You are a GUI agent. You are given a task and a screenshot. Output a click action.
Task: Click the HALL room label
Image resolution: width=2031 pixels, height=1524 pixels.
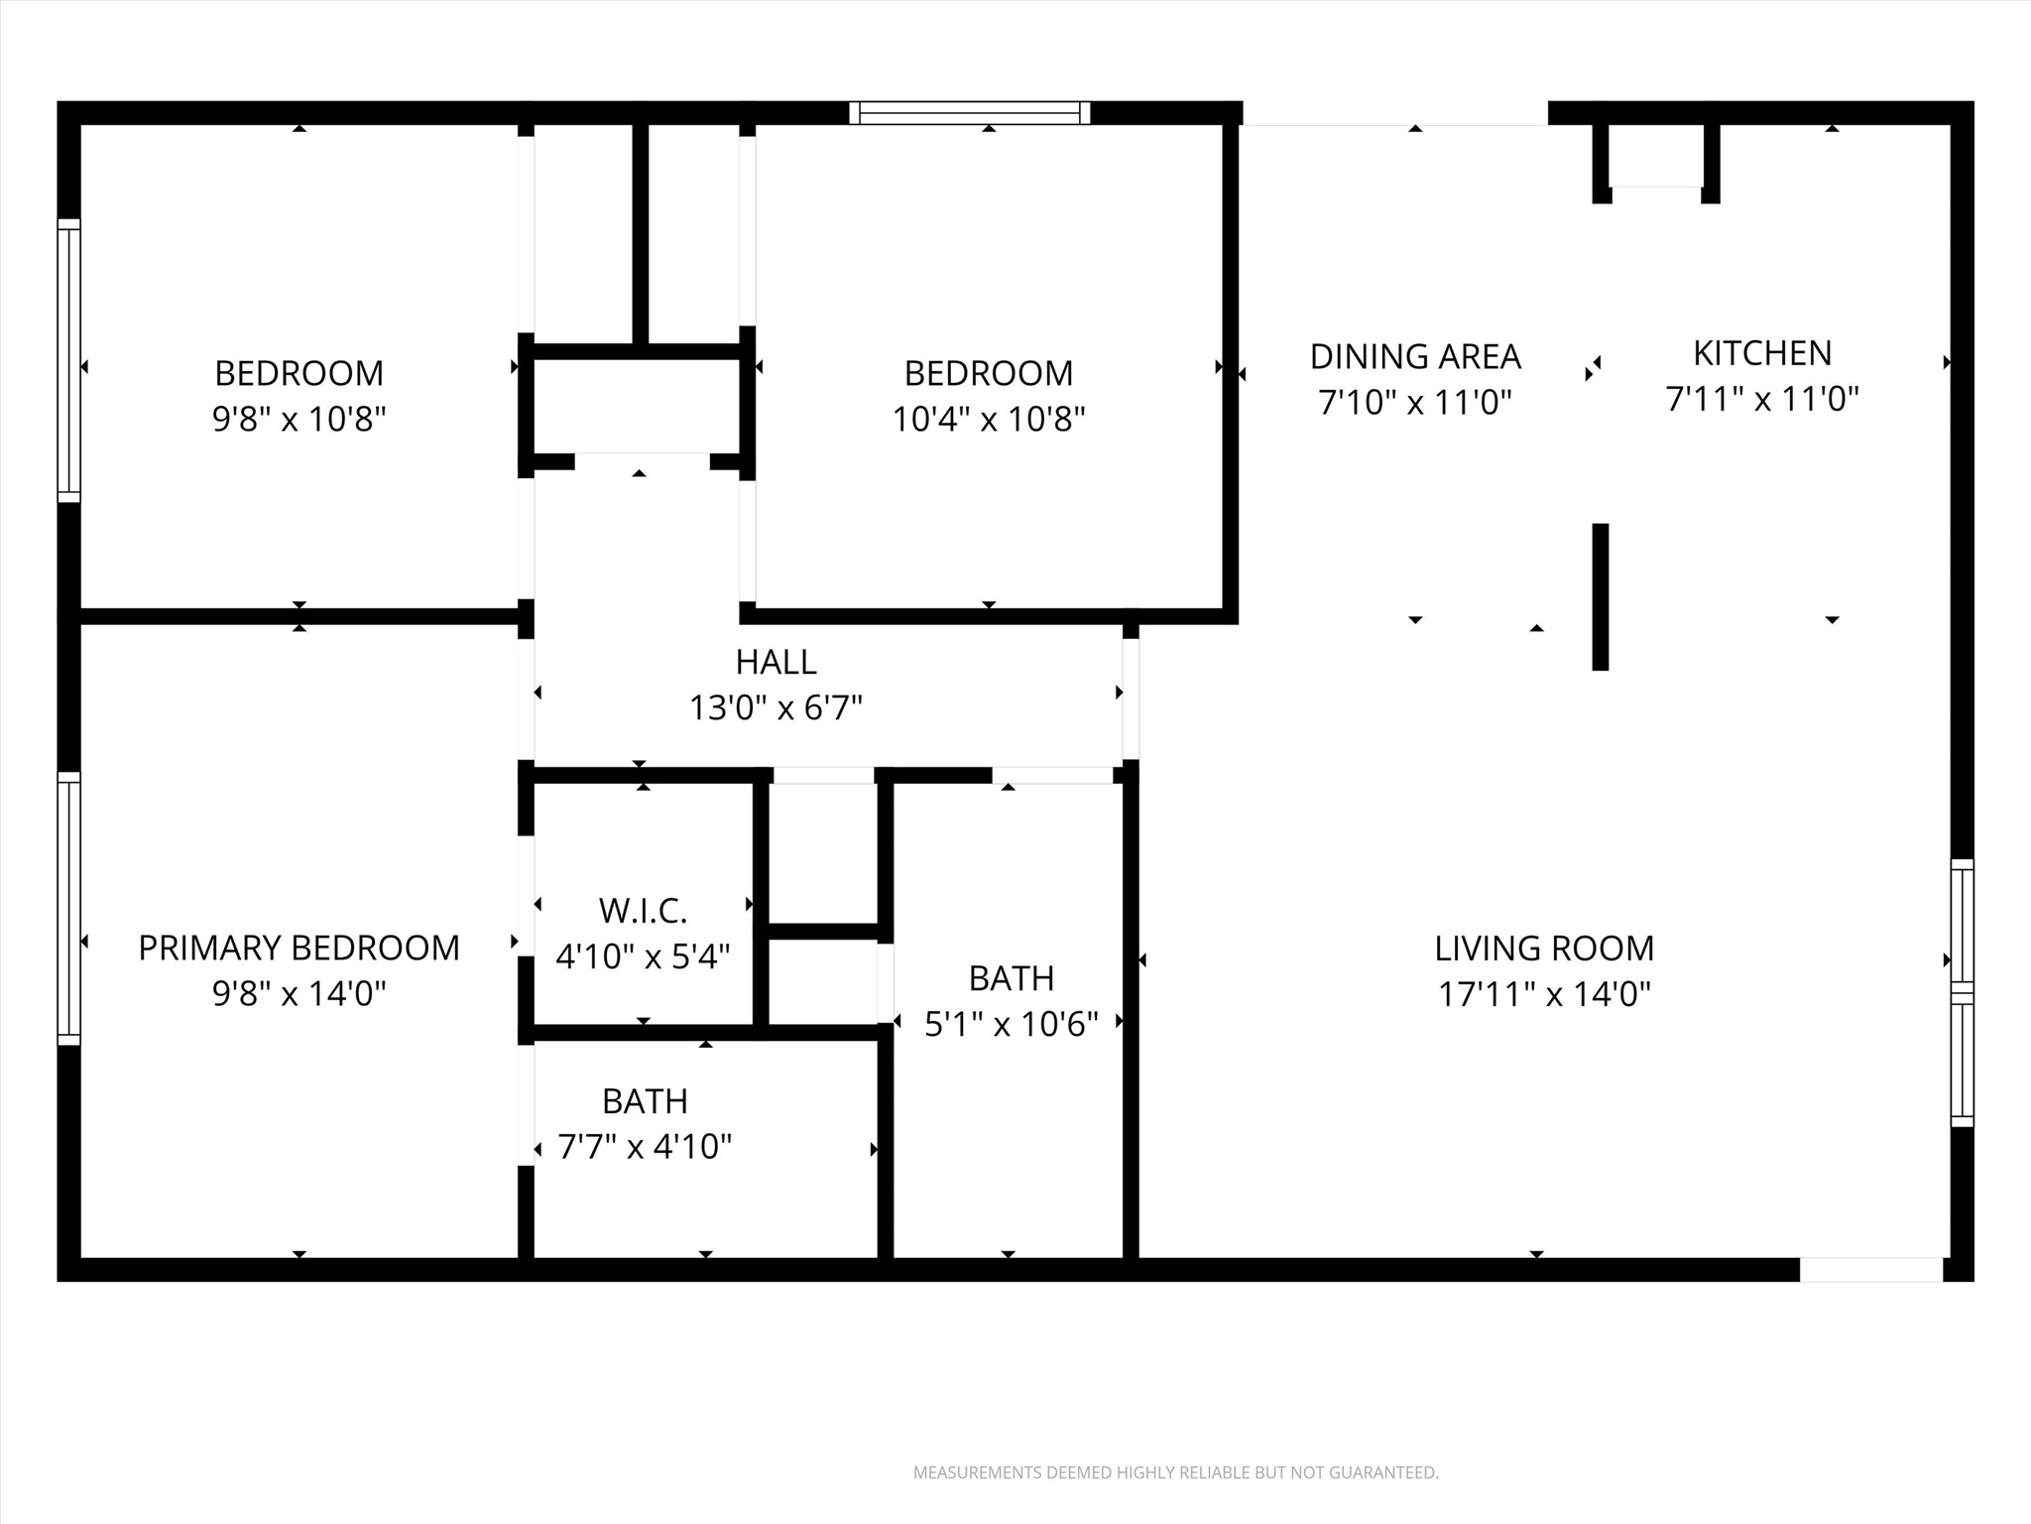(x=776, y=662)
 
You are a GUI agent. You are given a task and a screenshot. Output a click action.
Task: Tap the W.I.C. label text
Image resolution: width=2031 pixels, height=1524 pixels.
(x=643, y=910)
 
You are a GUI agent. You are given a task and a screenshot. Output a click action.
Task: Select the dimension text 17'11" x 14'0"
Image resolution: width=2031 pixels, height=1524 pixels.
(x=1544, y=993)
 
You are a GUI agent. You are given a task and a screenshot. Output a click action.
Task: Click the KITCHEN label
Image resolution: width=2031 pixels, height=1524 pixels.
(x=1761, y=353)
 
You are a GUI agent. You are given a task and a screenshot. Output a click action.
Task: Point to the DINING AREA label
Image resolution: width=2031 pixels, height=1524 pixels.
(x=1415, y=356)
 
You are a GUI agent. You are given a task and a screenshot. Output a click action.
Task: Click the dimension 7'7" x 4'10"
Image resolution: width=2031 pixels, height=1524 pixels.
(x=645, y=1147)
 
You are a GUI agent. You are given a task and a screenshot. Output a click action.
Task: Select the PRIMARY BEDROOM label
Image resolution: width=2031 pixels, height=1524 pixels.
(x=299, y=948)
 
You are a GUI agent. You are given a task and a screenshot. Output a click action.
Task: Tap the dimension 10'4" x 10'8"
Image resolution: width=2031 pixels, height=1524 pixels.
(x=988, y=419)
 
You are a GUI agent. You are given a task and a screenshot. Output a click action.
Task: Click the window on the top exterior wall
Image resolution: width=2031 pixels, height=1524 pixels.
(x=969, y=113)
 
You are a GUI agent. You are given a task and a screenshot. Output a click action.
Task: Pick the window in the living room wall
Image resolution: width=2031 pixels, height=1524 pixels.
(x=1962, y=992)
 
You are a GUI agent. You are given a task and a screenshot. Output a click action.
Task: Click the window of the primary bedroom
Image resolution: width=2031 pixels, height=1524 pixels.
(x=68, y=908)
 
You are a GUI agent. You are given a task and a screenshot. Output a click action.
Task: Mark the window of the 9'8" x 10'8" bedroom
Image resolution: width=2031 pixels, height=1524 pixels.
(x=68, y=359)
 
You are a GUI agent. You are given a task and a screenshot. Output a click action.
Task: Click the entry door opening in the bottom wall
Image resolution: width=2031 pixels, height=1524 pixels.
(x=1870, y=1269)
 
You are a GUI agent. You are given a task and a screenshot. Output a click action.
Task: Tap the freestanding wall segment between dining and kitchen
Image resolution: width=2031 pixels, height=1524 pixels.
(x=1600, y=596)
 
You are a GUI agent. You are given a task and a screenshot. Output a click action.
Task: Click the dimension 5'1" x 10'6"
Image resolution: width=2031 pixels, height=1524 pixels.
(x=1011, y=1024)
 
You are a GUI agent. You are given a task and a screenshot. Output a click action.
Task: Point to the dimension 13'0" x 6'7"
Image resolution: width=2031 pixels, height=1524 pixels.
(x=776, y=708)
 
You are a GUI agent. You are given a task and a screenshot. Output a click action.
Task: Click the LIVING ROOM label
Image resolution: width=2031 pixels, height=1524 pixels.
(x=1544, y=948)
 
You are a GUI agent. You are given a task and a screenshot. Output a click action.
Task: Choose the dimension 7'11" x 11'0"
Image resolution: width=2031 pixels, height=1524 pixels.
(x=1761, y=399)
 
